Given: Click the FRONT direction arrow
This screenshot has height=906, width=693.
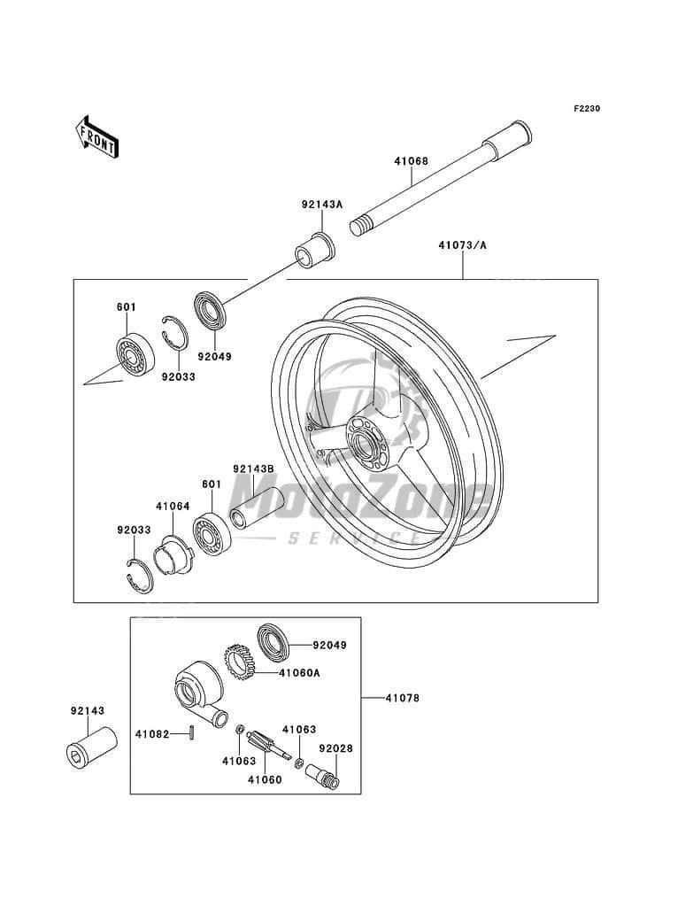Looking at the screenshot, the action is tap(96, 137).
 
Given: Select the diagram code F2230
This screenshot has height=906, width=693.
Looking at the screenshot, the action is tap(587, 108).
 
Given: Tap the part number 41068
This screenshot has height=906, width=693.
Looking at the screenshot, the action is tap(412, 161).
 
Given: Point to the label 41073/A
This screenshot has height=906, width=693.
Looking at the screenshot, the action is tap(462, 245).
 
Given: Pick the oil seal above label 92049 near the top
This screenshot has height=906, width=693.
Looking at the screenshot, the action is tap(210, 311).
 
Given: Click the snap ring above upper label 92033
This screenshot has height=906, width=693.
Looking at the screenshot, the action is tap(174, 332).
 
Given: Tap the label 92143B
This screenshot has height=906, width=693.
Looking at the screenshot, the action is tap(253, 469).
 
